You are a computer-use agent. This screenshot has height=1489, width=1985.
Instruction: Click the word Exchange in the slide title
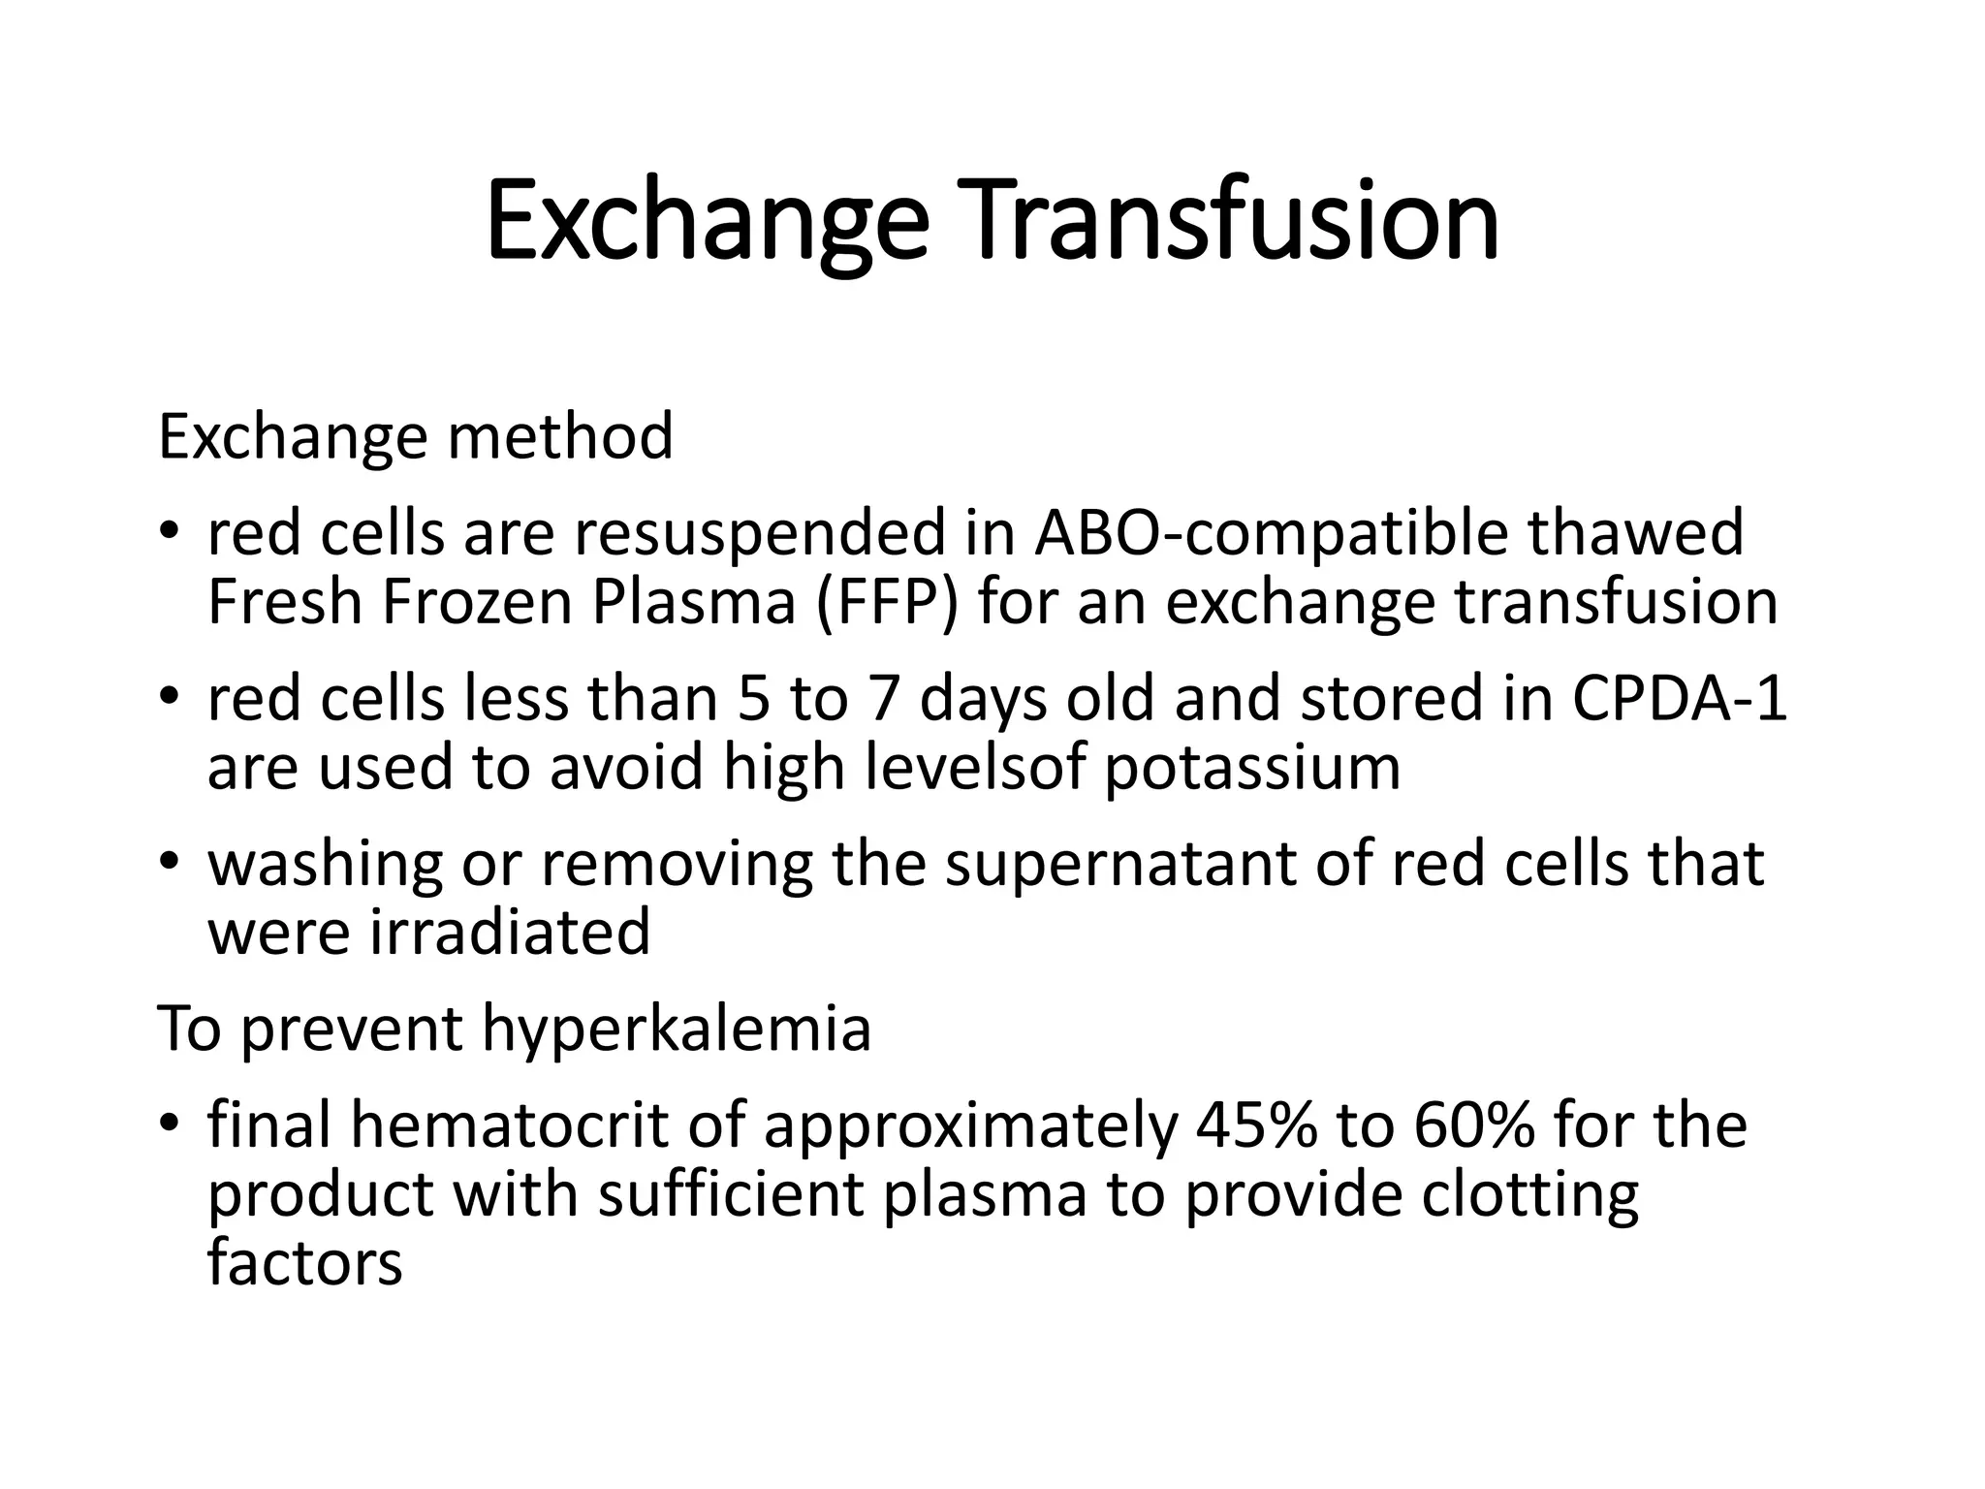707,221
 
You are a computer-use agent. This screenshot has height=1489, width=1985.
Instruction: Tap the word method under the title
559,436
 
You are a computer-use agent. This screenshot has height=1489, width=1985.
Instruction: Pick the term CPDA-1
1678,699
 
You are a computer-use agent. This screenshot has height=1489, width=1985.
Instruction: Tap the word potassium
1252,768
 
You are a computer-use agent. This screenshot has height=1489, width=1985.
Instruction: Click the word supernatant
1120,864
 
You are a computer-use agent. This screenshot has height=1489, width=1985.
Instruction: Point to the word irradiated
511,933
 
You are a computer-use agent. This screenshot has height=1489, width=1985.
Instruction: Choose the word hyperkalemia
676,1029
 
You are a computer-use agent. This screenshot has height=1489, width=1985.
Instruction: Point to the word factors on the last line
304,1263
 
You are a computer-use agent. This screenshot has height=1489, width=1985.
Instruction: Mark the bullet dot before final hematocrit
171,1123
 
